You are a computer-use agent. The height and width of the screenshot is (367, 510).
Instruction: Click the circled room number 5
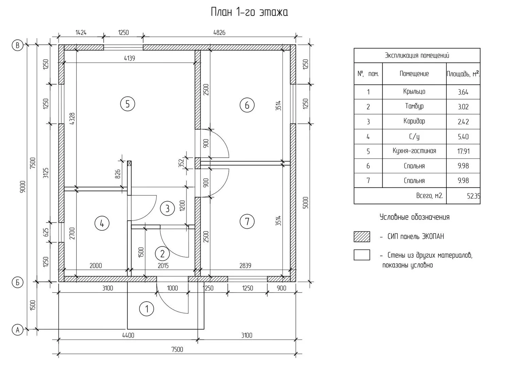click(x=128, y=104)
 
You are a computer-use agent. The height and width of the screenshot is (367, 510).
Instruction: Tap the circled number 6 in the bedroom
click(x=247, y=105)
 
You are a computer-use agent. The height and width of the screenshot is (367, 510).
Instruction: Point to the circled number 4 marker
click(x=102, y=223)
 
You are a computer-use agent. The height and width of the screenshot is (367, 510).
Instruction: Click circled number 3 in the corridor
click(x=167, y=208)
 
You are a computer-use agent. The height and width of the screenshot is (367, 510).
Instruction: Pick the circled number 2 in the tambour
click(x=162, y=254)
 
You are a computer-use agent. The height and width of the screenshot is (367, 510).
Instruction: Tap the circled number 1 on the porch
click(x=147, y=309)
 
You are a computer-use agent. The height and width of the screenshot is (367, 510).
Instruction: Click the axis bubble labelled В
click(x=17, y=45)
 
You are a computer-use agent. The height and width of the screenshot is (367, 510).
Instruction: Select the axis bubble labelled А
click(x=17, y=330)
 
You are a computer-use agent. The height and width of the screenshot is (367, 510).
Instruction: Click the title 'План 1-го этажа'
click(x=249, y=13)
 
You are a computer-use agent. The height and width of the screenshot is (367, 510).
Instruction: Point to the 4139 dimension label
click(x=129, y=58)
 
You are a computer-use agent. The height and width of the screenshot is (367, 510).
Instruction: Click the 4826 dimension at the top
click(x=219, y=33)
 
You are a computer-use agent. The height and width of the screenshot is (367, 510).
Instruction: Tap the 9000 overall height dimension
click(x=22, y=187)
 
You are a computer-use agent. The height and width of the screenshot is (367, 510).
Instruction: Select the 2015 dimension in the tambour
click(x=163, y=266)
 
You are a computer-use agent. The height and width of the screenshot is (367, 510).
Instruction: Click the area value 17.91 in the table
click(x=463, y=151)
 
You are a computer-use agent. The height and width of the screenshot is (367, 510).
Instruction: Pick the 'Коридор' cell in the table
click(x=414, y=121)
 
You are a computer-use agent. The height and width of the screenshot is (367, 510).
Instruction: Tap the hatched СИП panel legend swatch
click(x=362, y=237)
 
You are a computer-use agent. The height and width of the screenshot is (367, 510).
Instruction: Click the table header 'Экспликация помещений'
click(x=417, y=55)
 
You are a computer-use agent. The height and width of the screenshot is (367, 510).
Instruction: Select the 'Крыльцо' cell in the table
click(x=414, y=92)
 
